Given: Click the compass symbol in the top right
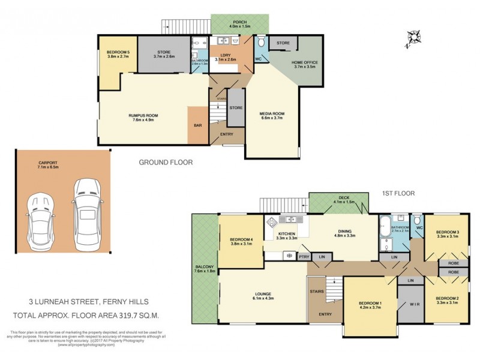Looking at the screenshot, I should (412, 37).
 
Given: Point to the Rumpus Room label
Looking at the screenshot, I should (143, 118).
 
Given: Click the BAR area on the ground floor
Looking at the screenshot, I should (197, 125).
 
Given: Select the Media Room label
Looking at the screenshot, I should (271, 116).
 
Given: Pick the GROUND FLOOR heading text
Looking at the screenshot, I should (166, 162).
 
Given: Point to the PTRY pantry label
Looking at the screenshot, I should (304, 256).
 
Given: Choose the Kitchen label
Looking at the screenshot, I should (287, 236).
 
